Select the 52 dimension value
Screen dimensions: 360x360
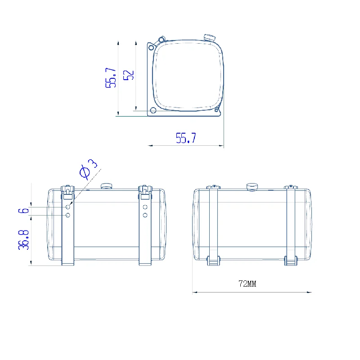pyautogui.click(x=129, y=75)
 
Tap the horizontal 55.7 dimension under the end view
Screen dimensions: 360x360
pyautogui.click(x=186, y=138)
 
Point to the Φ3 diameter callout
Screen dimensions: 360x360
pyautogui.click(x=88, y=169)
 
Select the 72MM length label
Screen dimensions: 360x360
pyautogui.click(x=247, y=284)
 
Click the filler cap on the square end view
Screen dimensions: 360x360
pyautogui.click(x=209, y=37)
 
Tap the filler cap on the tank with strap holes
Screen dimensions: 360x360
pyautogui.click(x=106, y=186)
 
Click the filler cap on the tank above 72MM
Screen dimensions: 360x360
pyautogui.click(x=252, y=186)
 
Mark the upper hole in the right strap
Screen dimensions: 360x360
pyautogui.click(x=145, y=207)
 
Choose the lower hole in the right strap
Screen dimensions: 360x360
pyautogui.click(x=145, y=216)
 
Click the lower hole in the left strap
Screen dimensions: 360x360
pyautogui.click(x=67, y=216)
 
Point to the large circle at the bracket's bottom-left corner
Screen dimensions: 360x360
pyautogui.click(x=153, y=110)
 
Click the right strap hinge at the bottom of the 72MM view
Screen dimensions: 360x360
pyautogui.click(x=291, y=261)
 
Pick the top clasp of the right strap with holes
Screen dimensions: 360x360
pyautogui.click(x=144, y=191)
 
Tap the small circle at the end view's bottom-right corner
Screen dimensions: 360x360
pyautogui.click(x=216, y=110)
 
